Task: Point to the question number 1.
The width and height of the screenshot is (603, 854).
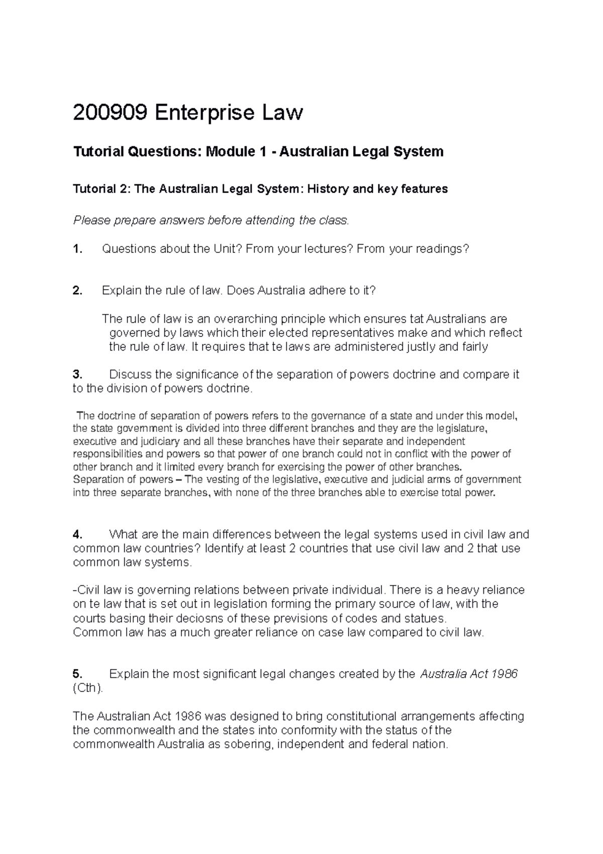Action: [77, 248]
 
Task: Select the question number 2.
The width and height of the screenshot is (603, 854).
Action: [77, 291]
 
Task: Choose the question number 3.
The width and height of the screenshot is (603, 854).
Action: [77, 375]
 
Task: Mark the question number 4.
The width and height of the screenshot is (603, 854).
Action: [77, 534]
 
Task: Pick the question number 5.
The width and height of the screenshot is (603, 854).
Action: [77, 674]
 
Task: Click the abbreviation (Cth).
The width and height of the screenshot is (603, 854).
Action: [88, 688]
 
